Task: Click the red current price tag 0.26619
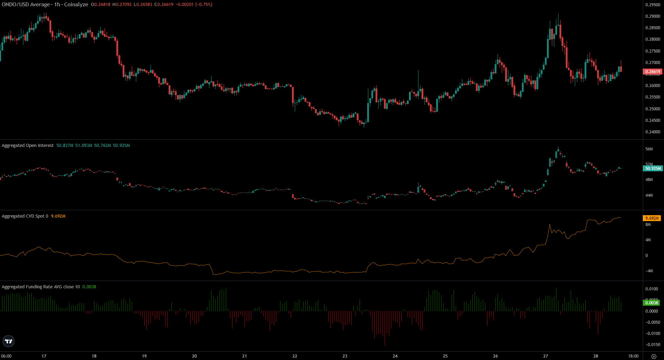(652, 72)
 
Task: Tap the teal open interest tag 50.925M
(652, 169)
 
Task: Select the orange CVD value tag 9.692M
(652, 218)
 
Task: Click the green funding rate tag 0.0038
(651, 303)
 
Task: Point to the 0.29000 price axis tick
(653, 16)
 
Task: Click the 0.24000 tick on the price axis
(653, 132)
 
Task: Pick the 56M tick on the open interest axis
(649, 149)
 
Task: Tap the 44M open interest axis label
(649, 195)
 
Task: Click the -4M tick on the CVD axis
(649, 271)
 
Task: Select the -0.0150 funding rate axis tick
(653, 345)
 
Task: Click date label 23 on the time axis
(345, 356)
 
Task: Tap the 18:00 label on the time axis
(633, 356)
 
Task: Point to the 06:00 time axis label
(6, 356)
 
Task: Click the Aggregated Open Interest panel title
(28, 146)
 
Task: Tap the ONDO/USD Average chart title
(26, 5)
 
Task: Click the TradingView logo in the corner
(8, 341)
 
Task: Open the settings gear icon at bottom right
(654, 356)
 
